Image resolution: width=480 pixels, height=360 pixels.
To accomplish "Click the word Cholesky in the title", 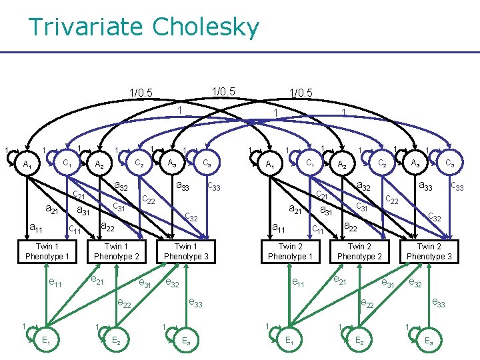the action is point(205,28).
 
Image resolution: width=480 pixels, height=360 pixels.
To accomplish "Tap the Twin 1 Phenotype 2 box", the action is point(117,251).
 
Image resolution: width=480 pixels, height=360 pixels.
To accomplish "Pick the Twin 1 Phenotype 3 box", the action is point(186,251).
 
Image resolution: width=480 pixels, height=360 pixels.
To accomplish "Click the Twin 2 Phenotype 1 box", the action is point(290,251).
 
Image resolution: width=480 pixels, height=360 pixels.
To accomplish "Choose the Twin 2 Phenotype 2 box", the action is point(360,251).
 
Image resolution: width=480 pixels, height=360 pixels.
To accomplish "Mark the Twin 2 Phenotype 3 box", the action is point(429,251).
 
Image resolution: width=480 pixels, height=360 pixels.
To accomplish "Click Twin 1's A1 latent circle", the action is point(27,164).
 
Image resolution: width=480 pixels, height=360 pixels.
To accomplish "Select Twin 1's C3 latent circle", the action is point(207,163).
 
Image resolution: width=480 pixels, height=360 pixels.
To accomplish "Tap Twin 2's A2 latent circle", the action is point(341,164).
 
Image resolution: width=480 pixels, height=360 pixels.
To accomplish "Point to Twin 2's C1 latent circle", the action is point(309,163).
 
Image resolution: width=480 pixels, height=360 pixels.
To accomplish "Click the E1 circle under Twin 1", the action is point(46,339).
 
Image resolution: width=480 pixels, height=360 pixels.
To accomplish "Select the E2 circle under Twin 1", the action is point(116,340).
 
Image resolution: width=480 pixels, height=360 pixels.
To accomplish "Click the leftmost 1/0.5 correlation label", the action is point(141,93).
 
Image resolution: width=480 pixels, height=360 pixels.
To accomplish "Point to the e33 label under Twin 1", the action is point(195,303).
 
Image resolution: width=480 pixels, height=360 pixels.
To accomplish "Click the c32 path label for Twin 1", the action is point(191,216).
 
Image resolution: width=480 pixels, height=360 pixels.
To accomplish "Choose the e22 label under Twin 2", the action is point(367,303).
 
